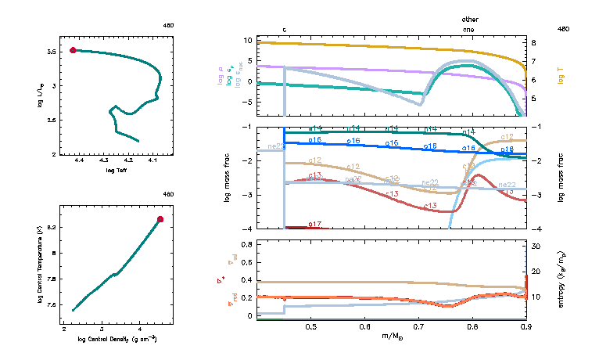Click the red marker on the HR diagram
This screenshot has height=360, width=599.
(x=73, y=50)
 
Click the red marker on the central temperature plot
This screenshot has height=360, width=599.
(x=160, y=220)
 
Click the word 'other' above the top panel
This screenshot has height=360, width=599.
(x=469, y=19)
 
